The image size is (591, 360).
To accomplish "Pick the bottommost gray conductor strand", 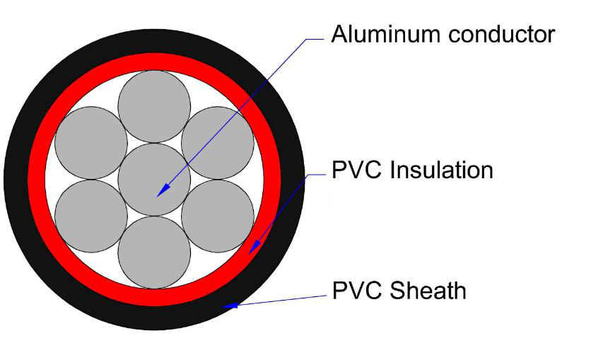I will pyautogui.click(x=154, y=252).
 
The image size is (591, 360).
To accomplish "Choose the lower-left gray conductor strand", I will pyautogui.click(x=90, y=216).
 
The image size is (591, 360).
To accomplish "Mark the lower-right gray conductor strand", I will pyautogui.click(x=218, y=216).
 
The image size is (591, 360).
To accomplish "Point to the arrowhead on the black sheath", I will pyautogui.click(x=228, y=306).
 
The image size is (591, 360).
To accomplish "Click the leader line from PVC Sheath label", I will pyautogui.click(x=283, y=298).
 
